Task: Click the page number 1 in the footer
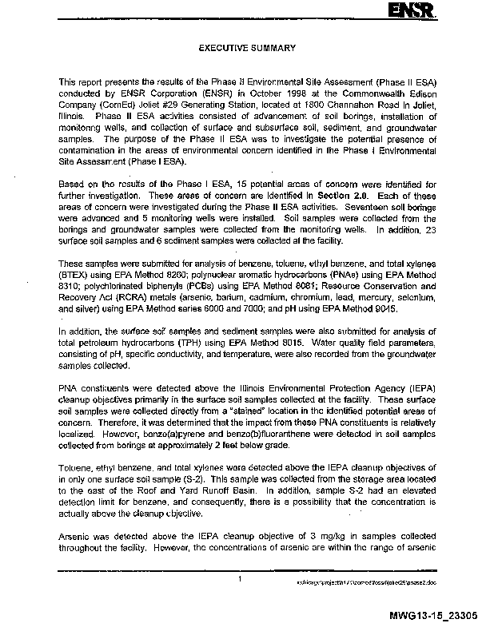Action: [x=240, y=577]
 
